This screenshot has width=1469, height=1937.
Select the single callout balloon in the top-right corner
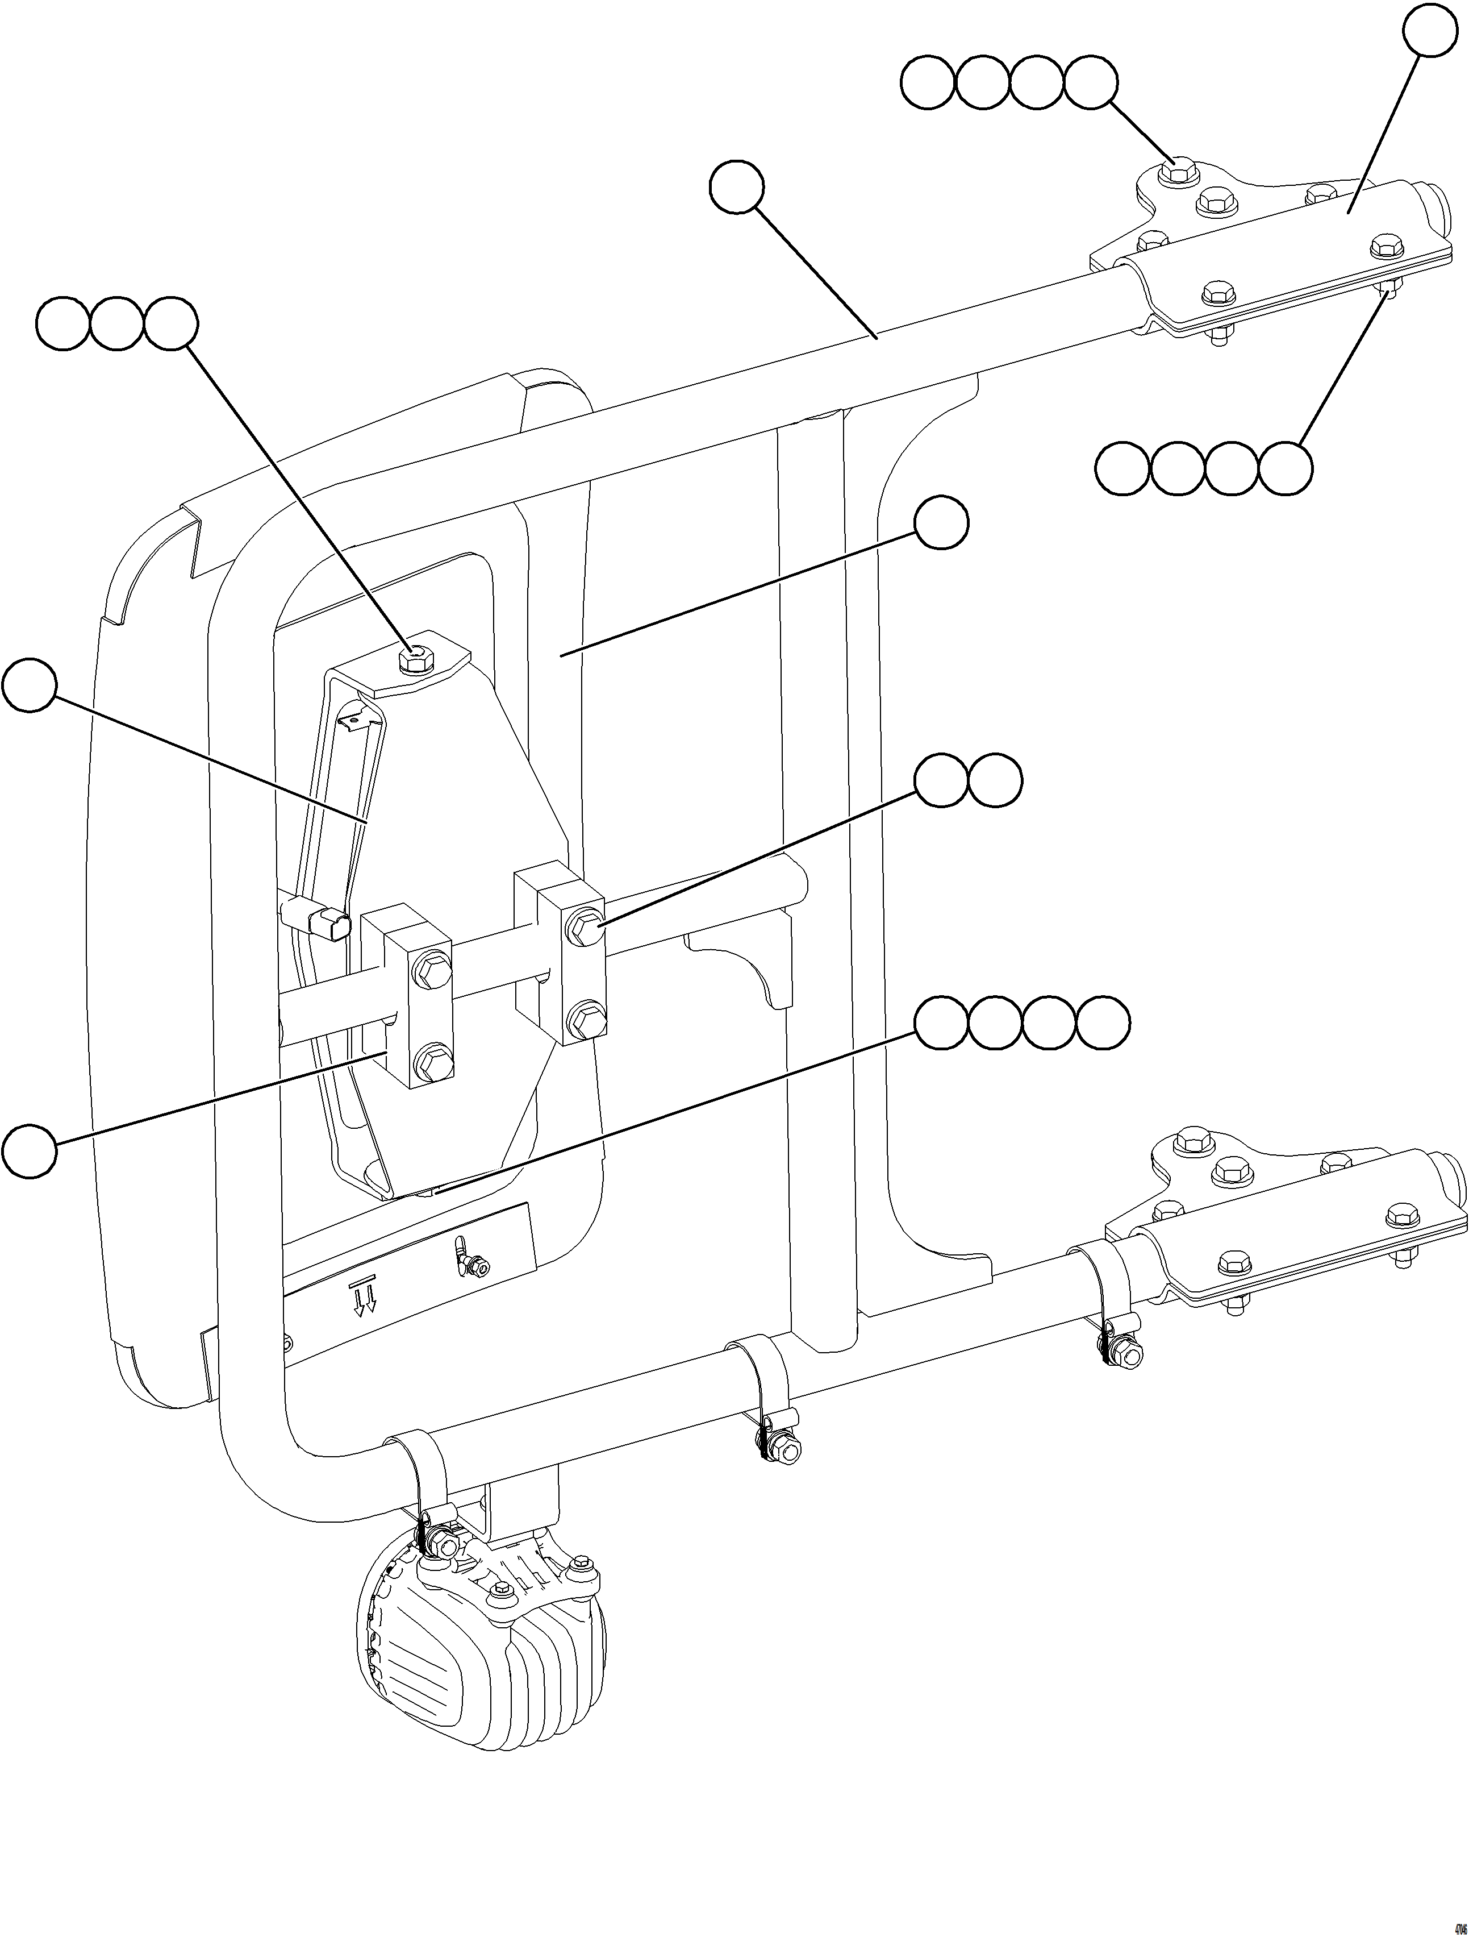tap(1429, 31)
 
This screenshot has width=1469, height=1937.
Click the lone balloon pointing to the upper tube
tap(736, 186)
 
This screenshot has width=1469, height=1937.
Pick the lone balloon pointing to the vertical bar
tap(941, 523)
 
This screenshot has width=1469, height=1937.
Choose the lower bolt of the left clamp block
tap(432, 1062)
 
